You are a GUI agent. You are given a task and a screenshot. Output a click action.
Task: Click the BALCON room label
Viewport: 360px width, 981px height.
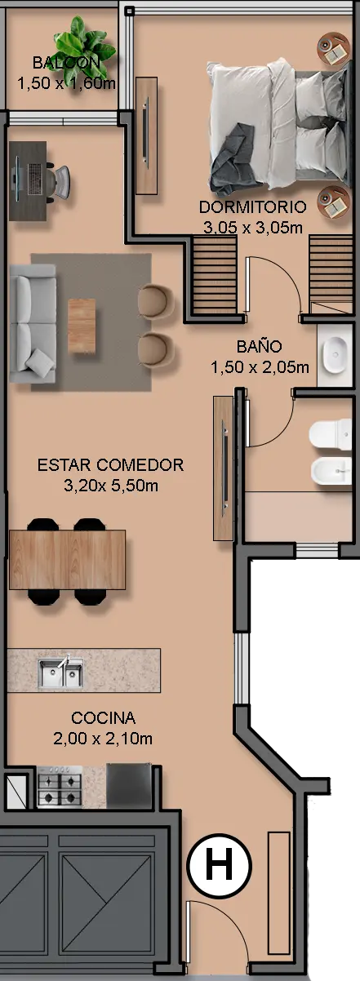click(66, 63)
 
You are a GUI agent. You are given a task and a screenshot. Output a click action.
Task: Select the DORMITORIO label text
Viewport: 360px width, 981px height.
click(252, 207)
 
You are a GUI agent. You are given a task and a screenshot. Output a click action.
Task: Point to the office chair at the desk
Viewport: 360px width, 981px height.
click(58, 181)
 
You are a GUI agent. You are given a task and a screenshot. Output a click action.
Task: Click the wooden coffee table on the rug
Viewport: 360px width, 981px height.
click(82, 326)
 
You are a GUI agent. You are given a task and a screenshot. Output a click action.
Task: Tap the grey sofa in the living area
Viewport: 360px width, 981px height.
click(33, 323)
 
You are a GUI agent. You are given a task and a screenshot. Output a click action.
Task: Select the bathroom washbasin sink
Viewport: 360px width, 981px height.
click(335, 355)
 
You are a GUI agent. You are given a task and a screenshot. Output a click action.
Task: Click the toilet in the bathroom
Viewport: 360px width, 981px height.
click(331, 434)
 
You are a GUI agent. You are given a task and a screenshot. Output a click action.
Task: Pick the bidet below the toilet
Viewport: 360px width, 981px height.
click(331, 471)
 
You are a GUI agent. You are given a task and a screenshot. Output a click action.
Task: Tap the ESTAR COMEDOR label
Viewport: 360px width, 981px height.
click(110, 464)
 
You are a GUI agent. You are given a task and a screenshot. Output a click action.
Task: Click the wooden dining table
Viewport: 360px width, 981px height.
click(68, 560)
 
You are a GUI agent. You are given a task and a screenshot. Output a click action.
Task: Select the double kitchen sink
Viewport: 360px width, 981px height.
click(60, 672)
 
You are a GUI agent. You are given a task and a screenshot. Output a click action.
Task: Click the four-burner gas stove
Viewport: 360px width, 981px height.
click(60, 787)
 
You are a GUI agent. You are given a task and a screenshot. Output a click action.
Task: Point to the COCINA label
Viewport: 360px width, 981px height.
click(104, 717)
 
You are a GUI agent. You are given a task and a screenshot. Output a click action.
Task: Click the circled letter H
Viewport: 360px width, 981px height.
click(219, 866)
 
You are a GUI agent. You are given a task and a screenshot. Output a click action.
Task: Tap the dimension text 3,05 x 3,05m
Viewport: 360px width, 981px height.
click(253, 228)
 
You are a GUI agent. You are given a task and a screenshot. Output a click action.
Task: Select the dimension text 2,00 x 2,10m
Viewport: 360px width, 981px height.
click(103, 739)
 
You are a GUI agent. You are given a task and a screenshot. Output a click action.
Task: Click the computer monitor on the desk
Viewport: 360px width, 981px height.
click(17, 179)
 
